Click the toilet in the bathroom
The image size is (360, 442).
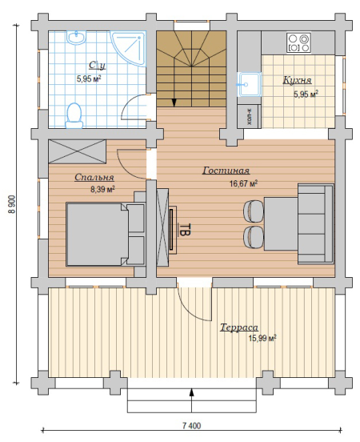coord(74,116)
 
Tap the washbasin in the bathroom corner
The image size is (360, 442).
coord(76,37)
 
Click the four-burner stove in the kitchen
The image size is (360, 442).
coord(298,42)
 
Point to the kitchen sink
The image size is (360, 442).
coord(250,84)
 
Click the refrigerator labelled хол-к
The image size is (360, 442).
coord(250,116)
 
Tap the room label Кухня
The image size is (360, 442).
coord(297,80)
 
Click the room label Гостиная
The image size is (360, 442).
coord(226,171)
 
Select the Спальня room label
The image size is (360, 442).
coord(94,177)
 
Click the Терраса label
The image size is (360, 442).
coord(239,327)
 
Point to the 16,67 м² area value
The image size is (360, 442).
coord(243,183)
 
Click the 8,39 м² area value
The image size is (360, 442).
coord(102,189)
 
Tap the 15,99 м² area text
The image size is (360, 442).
coord(262,338)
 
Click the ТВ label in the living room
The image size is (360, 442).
coord(186,229)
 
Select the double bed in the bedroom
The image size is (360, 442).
coord(105,234)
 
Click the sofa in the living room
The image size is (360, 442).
coord(316,224)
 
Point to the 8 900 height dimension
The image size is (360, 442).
coord(13,204)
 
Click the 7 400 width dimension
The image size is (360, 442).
coord(191,425)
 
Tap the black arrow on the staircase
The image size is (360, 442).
coord(174,102)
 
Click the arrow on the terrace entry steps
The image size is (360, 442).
coord(192,400)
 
